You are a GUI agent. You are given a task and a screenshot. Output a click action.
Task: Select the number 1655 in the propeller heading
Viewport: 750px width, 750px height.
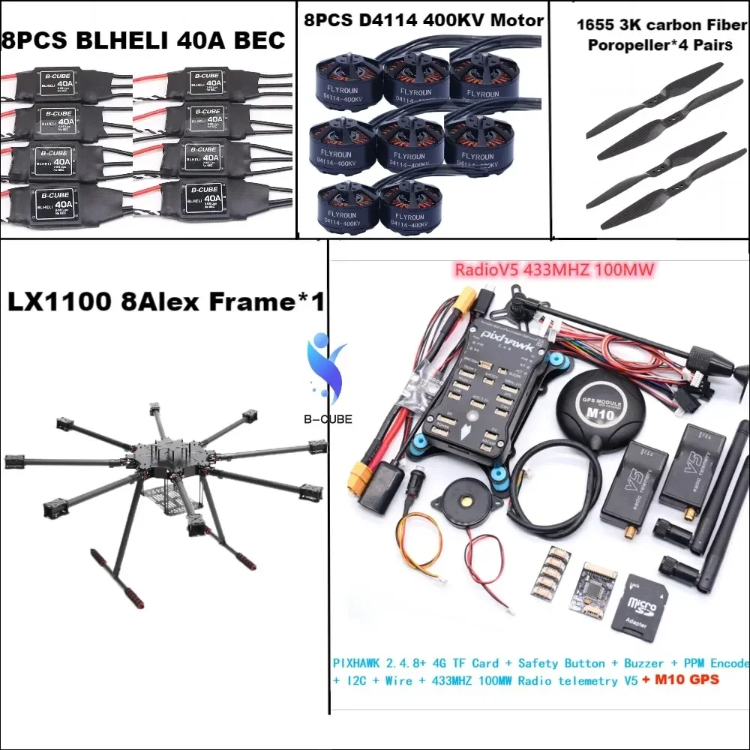(x=594, y=25)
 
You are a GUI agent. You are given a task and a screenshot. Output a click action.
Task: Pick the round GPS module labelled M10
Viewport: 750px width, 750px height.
(x=595, y=409)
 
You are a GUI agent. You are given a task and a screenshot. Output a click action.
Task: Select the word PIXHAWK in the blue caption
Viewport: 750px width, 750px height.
(x=358, y=664)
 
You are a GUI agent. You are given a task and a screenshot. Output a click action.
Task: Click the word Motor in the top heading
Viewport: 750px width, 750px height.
(x=517, y=21)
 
